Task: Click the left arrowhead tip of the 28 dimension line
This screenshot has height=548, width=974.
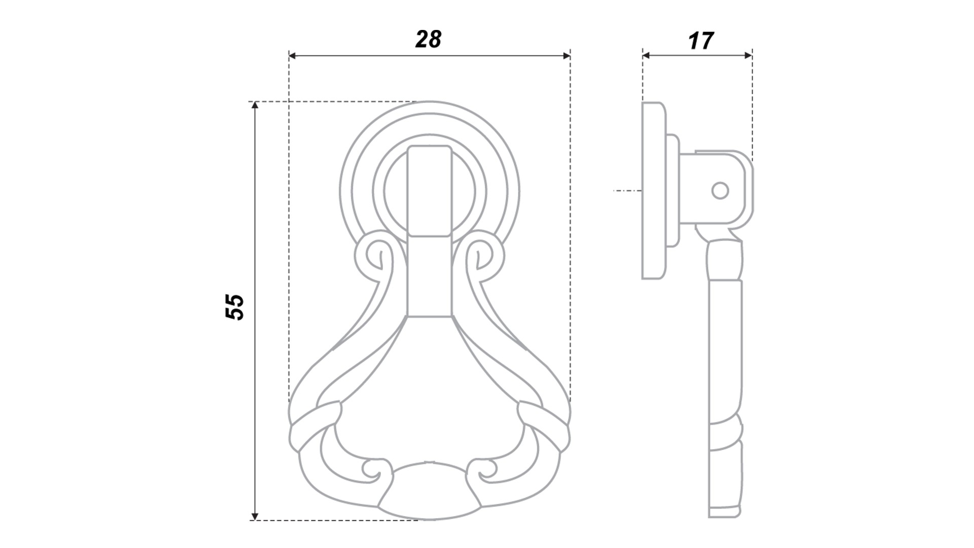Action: click(x=289, y=55)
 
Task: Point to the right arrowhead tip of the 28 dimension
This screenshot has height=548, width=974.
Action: click(x=570, y=55)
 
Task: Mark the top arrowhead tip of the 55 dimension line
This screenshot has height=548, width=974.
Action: click(x=255, y=102)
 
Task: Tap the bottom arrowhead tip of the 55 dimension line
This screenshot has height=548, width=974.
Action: click(x=255, y=520)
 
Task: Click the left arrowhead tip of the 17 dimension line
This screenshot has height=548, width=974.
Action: click(x=643, y=55)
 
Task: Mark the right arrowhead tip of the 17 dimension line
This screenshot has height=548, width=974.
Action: click(x=752, y=55)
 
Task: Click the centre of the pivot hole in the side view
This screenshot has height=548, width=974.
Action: click(x=720, y=191)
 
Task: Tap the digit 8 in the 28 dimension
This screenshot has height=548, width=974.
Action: click(x=434, y=39)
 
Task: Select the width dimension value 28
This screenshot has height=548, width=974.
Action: click(x=429, y=39)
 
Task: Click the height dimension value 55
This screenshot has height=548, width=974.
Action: click(x=234, y=306)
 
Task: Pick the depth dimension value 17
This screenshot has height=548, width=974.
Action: click(x=701, y=41)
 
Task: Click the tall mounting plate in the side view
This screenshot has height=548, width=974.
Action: click(x=654, y=191)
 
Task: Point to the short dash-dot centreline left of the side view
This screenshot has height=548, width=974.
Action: click(x=628, y=191)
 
